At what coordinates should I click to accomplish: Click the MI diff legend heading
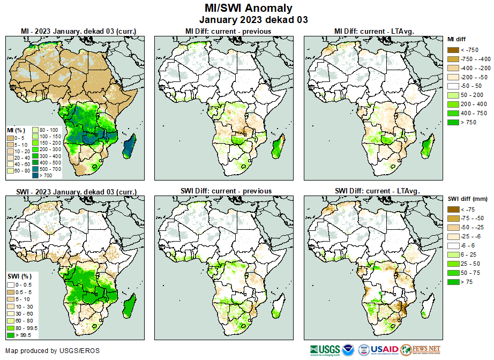pyautogui.click(x=460, y=39)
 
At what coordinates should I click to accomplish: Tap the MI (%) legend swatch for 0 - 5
pyautogui.click(x=11, y=138)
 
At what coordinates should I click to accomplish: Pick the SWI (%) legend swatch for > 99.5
pyautogui.click(x=11, y=335)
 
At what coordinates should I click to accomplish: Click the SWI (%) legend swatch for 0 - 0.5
pyautogui.click(x=11, y=284)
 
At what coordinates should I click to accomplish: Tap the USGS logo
pyautogui.click(x=324, y=350)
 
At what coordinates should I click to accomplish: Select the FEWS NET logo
pyautogui.click(x=420, y=350)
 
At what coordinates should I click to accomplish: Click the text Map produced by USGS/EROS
pyautogui.click(x=53, y=351)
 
